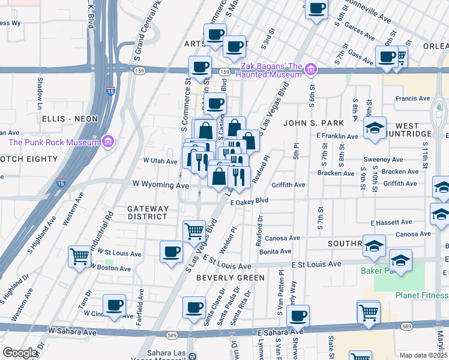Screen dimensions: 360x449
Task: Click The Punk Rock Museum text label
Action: (53, 142)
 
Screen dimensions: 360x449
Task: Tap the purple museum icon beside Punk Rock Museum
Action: (107, 142)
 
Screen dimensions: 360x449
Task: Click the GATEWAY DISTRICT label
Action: (148, 212)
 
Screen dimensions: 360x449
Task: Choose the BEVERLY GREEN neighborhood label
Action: (230, 278)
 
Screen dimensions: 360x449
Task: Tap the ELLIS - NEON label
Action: (70, 119)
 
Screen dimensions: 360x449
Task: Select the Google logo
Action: (20, 353)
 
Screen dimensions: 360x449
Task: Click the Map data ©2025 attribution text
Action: (423, 355)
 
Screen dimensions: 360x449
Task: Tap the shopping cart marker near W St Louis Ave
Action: (79, 256)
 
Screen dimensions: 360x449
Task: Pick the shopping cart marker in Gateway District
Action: (194, 230)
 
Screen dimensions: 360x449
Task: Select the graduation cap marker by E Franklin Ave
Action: (375, 128)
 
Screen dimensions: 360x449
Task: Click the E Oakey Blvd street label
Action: (249, 202)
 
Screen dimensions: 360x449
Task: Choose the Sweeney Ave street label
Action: (383, 160)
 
